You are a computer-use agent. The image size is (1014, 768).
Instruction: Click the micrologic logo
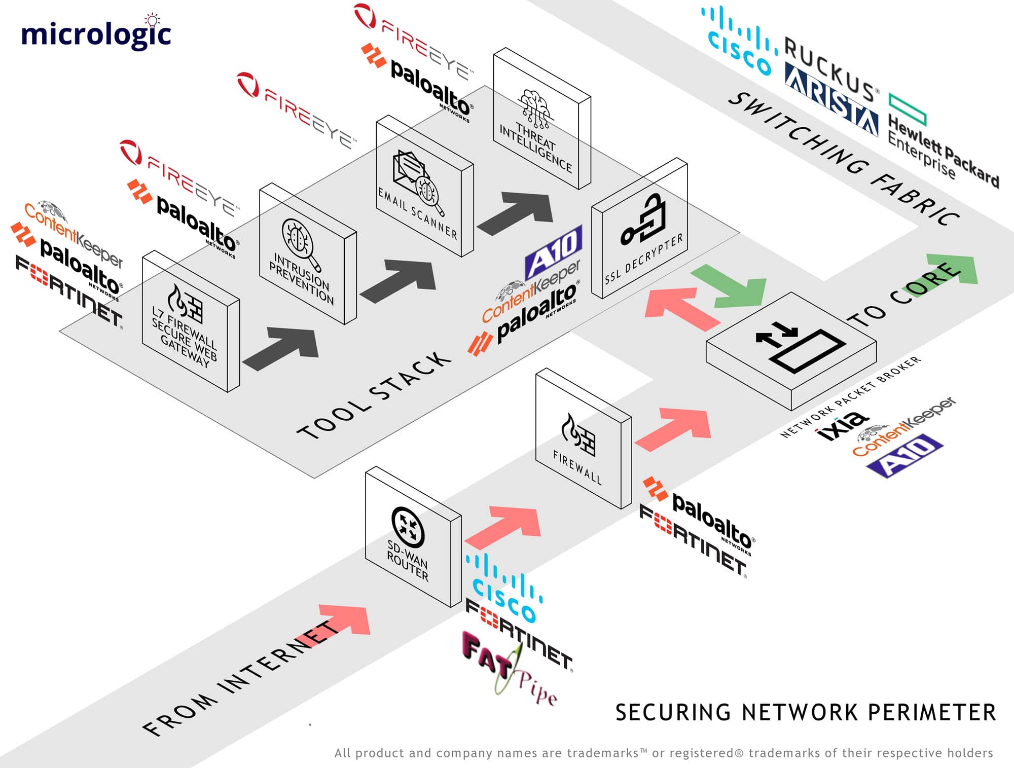[96, 33]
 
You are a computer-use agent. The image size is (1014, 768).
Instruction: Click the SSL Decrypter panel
[640, 228]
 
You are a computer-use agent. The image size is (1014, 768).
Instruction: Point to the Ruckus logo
[829, 68]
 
